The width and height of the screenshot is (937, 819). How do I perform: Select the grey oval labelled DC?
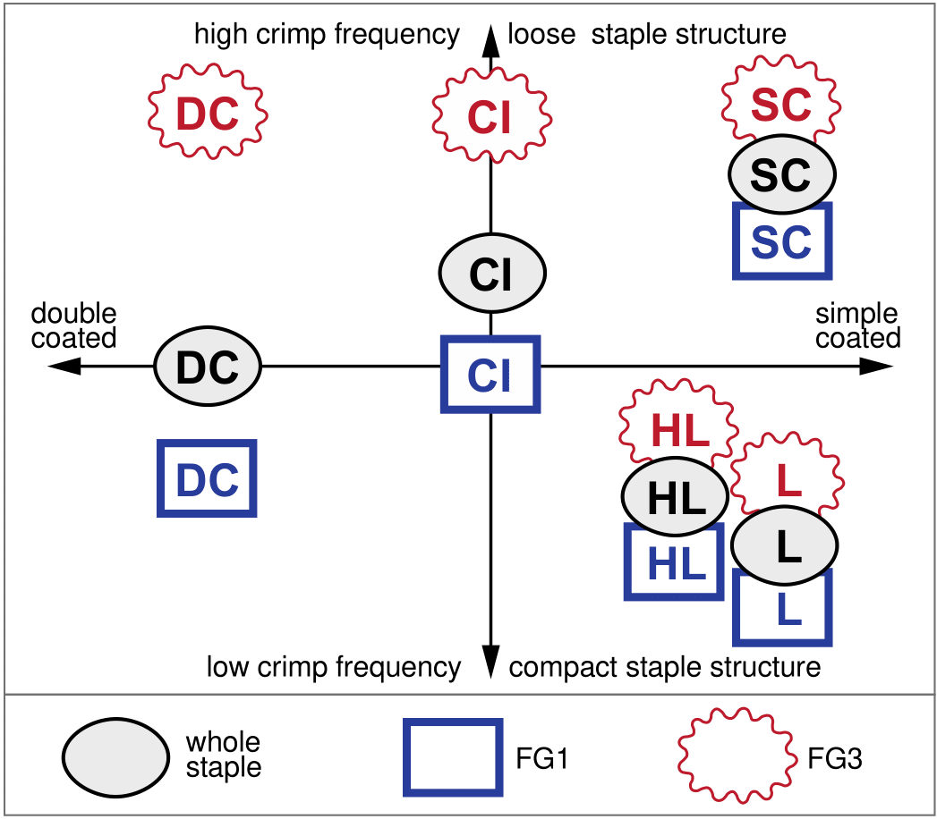tap(207, 366)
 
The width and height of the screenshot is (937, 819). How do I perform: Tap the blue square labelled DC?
tap(207, 478)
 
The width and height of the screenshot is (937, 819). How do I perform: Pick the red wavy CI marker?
tap(490, 115)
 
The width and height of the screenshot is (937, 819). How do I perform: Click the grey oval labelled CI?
tap(491, 274)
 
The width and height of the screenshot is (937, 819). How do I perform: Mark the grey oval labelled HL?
tap(676, 496)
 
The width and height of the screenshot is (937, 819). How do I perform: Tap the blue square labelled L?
tap(783, 610)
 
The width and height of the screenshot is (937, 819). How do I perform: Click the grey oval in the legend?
tap(115, 756)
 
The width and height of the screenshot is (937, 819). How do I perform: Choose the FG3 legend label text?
tap(834, 760)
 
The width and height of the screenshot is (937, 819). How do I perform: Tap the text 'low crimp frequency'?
tap(334, 667)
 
